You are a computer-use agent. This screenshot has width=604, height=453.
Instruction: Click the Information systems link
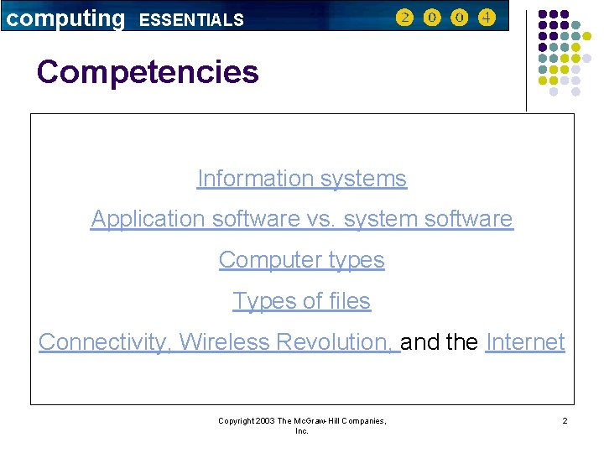[301, 179]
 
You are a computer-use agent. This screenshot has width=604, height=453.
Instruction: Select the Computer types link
[301, 260]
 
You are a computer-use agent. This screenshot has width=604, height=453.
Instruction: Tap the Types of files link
[301, 300]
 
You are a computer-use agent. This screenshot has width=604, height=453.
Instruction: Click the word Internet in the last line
[525, 342]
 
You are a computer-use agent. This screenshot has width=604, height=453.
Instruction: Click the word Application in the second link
[148, 219]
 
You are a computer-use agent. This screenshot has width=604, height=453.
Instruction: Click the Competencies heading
[148, 72]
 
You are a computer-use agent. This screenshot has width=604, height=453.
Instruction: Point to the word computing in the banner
[65, 18]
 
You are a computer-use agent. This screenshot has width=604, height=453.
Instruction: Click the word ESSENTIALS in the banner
[191, 19]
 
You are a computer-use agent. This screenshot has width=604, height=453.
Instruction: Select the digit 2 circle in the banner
[405, 18]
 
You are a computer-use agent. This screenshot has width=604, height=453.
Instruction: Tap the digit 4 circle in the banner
[487, 18]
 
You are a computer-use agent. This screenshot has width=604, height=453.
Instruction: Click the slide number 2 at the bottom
[565, 420]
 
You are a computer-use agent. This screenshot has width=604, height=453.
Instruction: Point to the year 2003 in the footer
[266, 420]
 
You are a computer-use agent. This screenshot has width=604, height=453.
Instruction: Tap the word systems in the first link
[368, 179]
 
